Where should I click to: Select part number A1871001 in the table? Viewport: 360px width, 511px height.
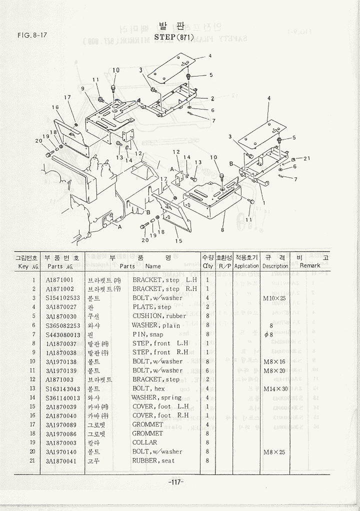coord(60,280)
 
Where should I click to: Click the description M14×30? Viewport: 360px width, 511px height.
coord(275,388)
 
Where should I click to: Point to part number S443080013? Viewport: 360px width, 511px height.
coord(63,334)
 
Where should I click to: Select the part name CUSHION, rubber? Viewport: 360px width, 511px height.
coord(159,316)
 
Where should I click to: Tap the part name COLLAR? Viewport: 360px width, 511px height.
coord(144,442)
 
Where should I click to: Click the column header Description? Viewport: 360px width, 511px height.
coord(275,266)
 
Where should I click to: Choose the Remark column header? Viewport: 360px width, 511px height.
coord(310,266)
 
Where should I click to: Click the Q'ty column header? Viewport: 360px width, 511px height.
coord(208,266)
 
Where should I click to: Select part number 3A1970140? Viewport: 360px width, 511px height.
coord(61,451)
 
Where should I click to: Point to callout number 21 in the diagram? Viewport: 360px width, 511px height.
coord(306,158)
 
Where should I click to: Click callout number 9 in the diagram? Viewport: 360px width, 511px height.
coord(83,88)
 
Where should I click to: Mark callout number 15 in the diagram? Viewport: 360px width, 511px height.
coord(178,241)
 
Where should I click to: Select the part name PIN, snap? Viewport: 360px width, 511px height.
coord(148,334)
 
